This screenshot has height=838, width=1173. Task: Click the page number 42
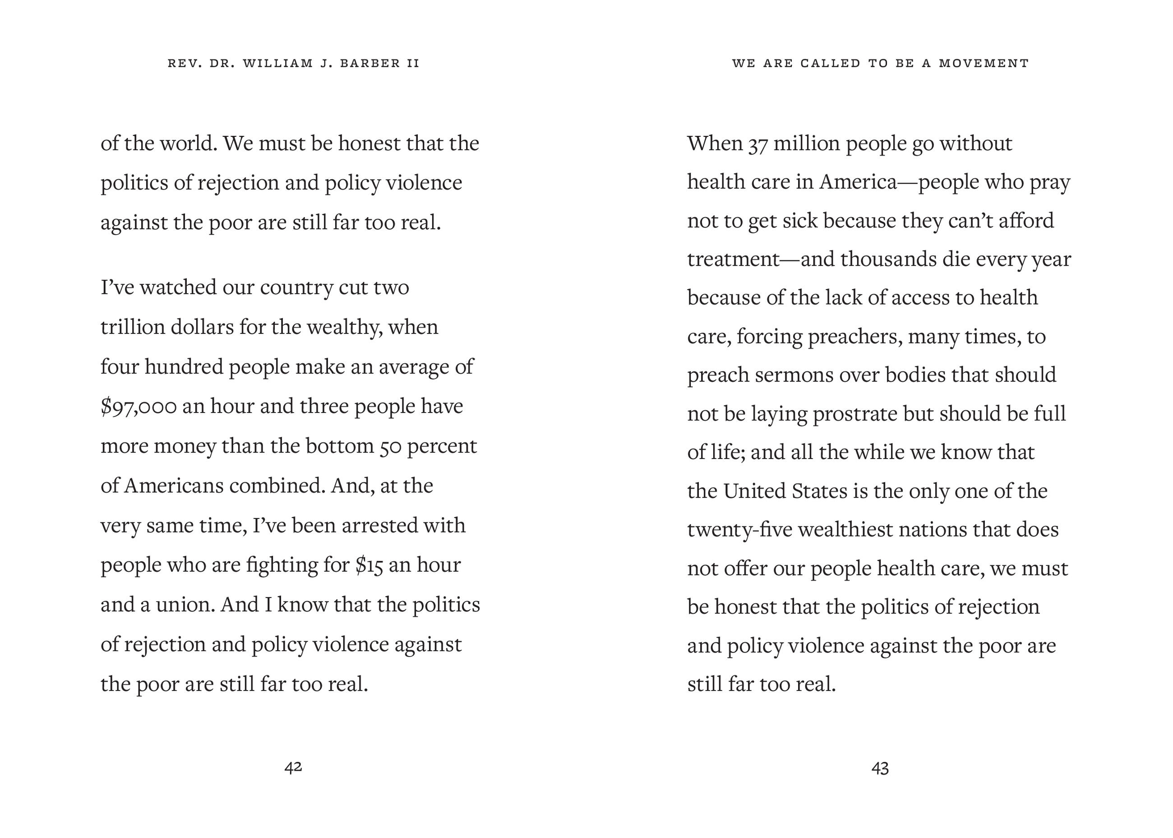293,767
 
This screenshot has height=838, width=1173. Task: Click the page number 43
880,769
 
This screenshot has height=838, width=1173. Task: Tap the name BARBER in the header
370,64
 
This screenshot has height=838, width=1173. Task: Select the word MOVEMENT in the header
984,64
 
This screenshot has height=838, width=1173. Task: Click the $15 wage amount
369,565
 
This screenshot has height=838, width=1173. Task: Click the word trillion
132,327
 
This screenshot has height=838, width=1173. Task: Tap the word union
185,605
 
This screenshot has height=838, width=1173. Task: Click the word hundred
183,367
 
